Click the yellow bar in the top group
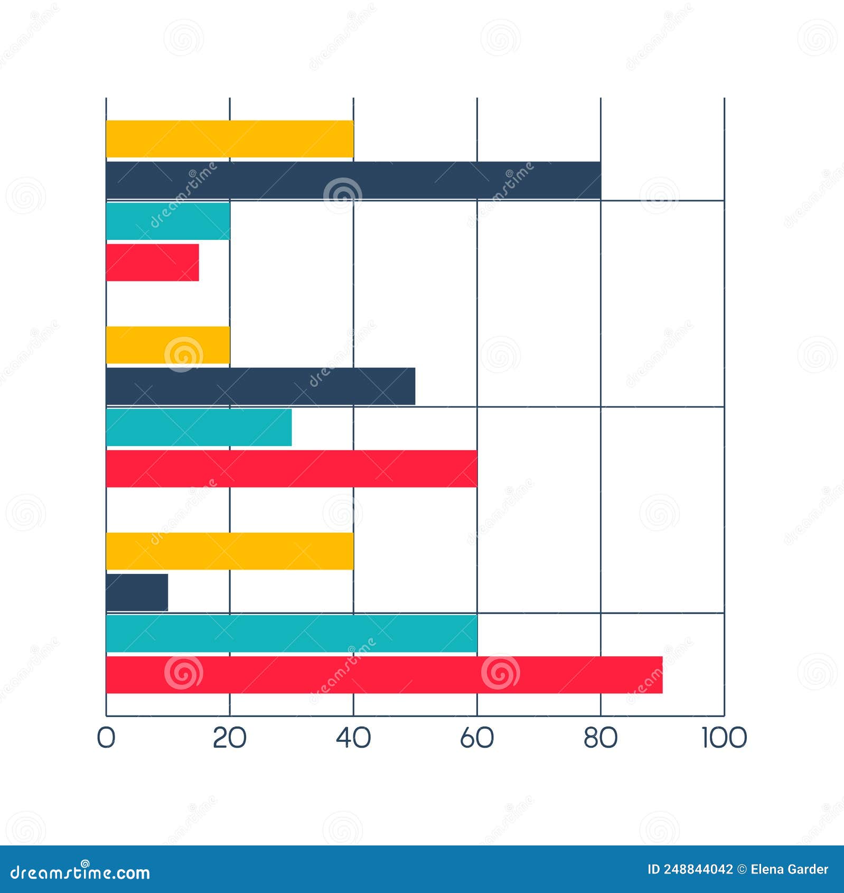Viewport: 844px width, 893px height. click(x=230, y=139)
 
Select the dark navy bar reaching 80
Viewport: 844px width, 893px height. click(x=353, y=180)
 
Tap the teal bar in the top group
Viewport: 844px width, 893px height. click(x=168, y=221)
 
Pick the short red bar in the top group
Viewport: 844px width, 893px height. click(x=152, y=263)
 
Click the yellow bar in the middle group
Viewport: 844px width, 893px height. click(x=168, y=345)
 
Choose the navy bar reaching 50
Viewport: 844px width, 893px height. click(x=260, y=386)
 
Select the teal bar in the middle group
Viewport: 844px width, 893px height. click(x=199, y=427)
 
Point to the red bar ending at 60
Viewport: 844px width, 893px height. click(x=292, y=469)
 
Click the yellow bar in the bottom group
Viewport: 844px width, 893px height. click(x=230, y=551)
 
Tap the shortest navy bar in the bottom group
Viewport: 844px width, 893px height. click(x=137, y=592)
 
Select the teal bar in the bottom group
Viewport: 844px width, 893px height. click(x=292, y=634)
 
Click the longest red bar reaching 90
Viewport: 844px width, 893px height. click(x=384, y=675)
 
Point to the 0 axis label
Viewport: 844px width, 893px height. click(x=106, y=738)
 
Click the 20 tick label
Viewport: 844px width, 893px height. click(x=229, y=738)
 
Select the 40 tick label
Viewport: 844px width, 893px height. click(x=353, y=738)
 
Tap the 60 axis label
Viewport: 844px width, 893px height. click(x=476, y=738)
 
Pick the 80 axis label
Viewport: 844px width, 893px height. click(x=600, y=738)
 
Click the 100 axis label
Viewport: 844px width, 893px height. click(x=724, y=738)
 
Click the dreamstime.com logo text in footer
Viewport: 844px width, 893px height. click(x=80, y=872)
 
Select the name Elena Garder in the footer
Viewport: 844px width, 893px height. click(x=789, y=869)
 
